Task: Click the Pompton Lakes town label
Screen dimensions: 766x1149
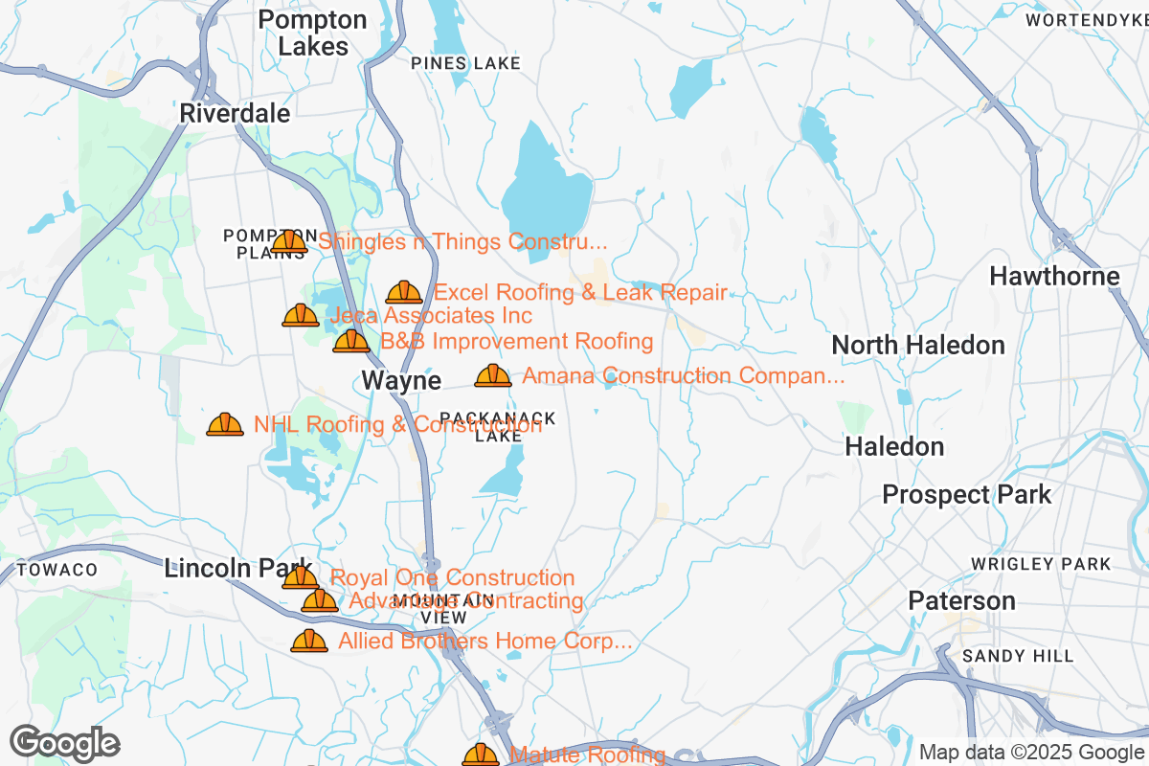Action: [312, 33]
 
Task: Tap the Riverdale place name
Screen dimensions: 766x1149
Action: [235, 114]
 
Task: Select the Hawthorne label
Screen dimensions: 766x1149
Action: [1054, 277]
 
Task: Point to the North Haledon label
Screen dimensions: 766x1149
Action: [918, 345]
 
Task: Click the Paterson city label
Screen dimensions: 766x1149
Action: [961, 601]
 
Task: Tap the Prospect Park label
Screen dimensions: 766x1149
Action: [966, 495]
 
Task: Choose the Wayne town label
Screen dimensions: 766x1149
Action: [401, 381]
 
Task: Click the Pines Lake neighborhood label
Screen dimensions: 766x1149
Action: [465, 63]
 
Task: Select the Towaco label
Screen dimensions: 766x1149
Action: [56, 570]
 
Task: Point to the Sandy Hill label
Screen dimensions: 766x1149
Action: [1018, 656]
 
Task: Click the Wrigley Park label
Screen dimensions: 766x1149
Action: [1041, 564]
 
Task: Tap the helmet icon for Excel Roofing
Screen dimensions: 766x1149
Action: [404, 292]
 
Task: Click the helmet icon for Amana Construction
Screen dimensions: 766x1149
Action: [493, 375]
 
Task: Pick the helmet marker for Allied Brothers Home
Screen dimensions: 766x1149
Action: [309, 641]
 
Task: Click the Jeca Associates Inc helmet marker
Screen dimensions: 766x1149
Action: [301, 315]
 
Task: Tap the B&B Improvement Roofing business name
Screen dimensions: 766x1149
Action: [516, 342]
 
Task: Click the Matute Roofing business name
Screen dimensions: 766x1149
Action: [587, 755]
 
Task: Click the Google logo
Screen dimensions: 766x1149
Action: [64, 743]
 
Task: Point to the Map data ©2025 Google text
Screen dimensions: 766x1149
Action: [1031, 752]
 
